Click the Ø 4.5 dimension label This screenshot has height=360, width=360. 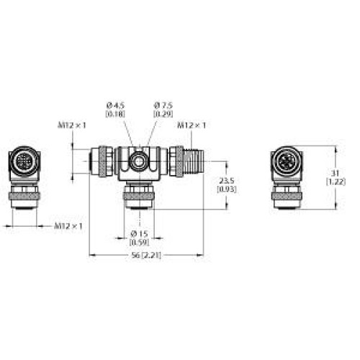point(115,106)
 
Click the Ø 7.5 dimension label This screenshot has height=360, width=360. point(163,106)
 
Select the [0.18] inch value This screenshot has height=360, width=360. point(115,114)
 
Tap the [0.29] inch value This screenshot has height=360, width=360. point(163,114)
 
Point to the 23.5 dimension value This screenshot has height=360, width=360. point(227,181)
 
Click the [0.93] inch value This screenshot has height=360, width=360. point(227,189)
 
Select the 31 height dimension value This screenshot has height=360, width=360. point(336,173)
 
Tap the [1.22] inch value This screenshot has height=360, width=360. point(336,181)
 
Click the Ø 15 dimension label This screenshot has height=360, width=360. point(139,233)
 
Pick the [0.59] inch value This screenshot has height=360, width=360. point(139,242)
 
